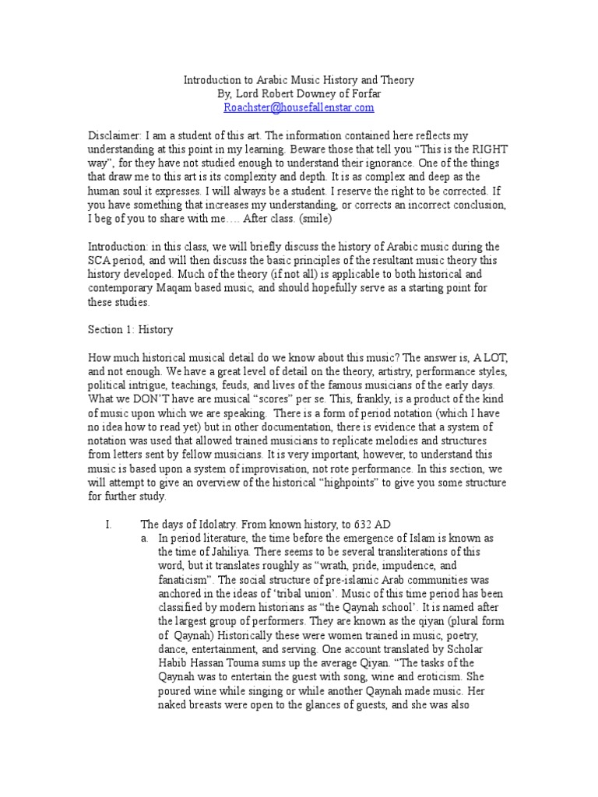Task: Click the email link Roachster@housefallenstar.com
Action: pos(299,107)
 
